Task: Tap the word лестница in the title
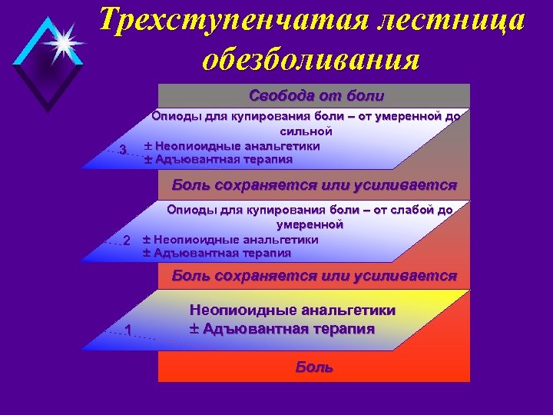[443, 22]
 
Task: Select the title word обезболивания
[311, 59]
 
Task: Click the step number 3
[122, 150]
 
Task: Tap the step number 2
[127, 241]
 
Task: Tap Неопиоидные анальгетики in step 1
[292, 310]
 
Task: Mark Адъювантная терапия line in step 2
[224, 253]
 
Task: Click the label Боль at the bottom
[314, 367]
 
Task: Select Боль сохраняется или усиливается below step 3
[314, 185]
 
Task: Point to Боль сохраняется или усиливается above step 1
[314, 275]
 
